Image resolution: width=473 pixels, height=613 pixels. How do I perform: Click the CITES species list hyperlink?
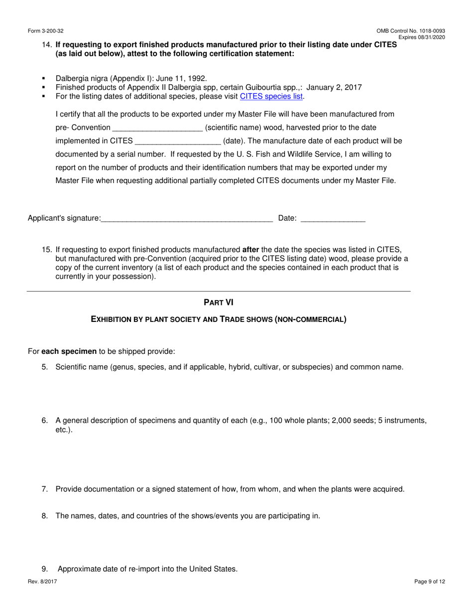click(271, 97)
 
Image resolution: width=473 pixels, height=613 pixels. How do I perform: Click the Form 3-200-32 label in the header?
click(45, 31)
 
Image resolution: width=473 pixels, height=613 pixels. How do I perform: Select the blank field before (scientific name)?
click(157, 128)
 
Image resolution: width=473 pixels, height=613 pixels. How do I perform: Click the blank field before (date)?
click(178, 141)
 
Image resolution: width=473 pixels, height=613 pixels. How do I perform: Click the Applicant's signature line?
click(186, 218)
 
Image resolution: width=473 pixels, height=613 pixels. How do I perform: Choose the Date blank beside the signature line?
click(333, 218)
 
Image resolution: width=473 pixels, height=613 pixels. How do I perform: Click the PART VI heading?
click(219, 303)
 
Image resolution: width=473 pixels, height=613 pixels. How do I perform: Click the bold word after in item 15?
click(250, 250)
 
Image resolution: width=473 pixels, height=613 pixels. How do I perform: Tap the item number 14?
click(47, 45)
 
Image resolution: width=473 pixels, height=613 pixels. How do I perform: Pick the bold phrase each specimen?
click(69, 351)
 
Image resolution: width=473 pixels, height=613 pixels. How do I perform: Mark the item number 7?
click(45, 489)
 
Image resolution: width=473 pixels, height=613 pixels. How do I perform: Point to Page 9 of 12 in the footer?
click(430, 582)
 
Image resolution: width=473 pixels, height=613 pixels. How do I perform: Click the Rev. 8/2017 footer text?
click(42, 582)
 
